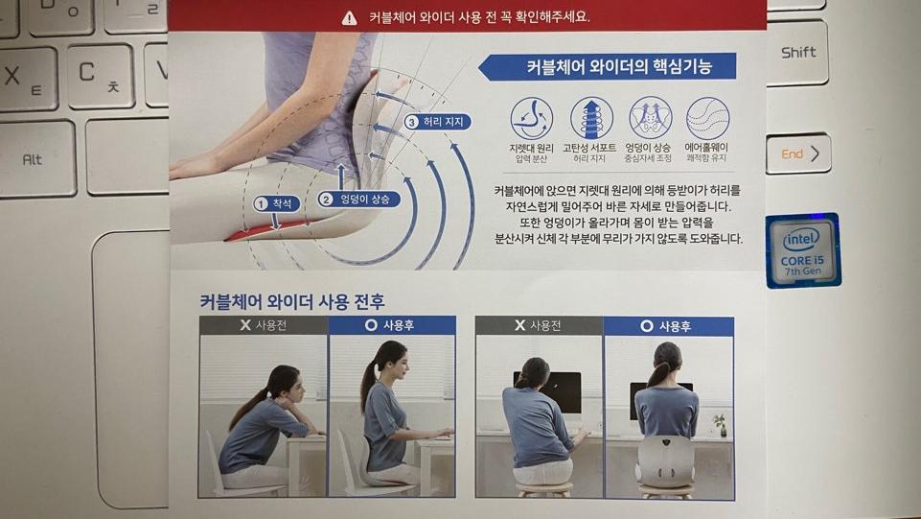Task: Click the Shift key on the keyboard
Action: tap(797, 53)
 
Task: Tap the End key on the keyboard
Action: tap(798, 154)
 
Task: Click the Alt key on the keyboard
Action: tap(36, 158)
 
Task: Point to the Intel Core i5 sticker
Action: tap(803, 251)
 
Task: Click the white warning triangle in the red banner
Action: tap(349, 17)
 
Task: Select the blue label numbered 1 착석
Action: tap(277, 204)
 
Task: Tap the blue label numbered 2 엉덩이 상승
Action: tap(358, 200)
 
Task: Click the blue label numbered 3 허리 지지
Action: tap(438, 122)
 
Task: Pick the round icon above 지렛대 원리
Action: tap(531, 118)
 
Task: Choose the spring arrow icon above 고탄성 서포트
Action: tap(591, 118)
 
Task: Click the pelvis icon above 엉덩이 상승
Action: tap(650, 118)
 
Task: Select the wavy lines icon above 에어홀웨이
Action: tap(708, 118)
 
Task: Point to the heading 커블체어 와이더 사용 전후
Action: tap(292, 302)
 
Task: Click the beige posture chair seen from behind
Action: tap(665, 461)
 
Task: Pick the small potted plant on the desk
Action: tap(719, 425)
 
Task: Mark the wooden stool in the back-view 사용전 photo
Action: tap(544, 489)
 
